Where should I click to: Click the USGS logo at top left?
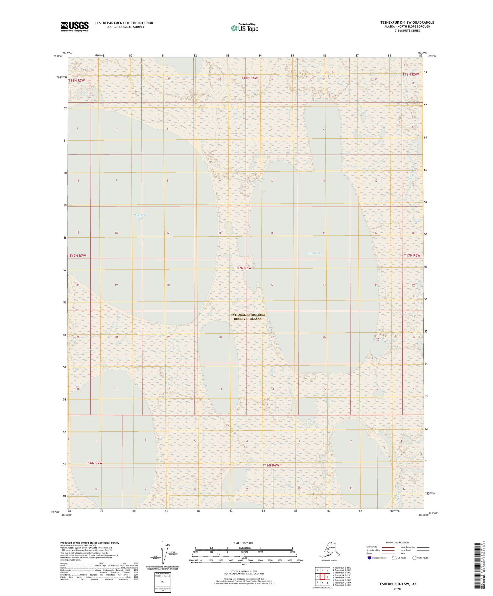tap(75, 26)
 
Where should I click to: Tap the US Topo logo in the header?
tap(245, 28)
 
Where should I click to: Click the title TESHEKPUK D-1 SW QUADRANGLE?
tap(407, 22)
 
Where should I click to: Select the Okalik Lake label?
tap(315, 253)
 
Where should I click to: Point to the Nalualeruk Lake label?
tap(141, 216)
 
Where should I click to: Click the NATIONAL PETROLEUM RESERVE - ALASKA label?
tap(247, 317)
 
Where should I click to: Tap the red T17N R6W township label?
tap(243, 268)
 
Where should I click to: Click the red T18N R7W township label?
tap(77, 81)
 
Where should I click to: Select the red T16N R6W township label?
tap(271, 465)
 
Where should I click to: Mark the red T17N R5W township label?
tap(412, 255)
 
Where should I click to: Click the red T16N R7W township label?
tap(94, 463)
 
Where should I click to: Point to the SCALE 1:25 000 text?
tap(243, 543)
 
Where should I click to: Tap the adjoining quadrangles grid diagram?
tap(322, 576)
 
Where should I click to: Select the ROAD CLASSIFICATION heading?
tap(397, 542)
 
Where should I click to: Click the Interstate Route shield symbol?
tap(369, 558)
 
